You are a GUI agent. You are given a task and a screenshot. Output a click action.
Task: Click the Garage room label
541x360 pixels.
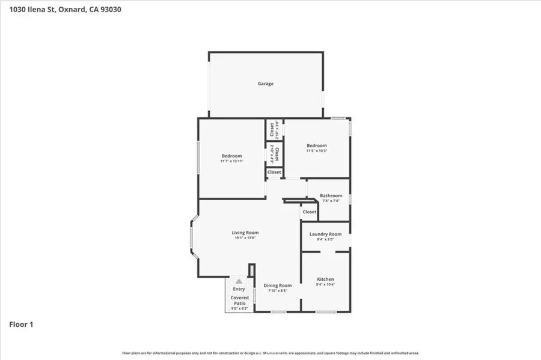pos(266,84)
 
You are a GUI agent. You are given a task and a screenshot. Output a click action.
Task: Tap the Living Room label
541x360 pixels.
pos(245,233)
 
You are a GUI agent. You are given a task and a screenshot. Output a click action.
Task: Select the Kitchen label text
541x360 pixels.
pos(325,279)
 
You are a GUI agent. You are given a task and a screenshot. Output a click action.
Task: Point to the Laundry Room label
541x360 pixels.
pos(325,234)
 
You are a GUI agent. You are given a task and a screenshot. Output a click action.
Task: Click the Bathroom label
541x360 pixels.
pos(331,195)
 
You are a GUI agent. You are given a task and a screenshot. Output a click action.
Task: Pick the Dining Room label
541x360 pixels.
pos(278,285)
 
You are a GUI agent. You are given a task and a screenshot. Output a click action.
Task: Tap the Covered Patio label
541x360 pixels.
pos(240,301)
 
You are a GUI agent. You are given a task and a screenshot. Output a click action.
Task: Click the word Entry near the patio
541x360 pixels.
pos(239,289)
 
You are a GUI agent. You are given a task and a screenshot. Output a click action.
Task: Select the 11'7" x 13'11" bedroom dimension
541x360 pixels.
pos(231,161)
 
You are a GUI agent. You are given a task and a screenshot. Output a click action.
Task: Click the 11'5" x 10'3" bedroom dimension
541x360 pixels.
pos(317,151)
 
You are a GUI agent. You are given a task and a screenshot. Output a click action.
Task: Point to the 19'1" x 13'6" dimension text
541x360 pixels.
pos(245,238)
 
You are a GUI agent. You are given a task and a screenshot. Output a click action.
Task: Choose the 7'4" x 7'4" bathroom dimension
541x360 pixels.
pos(331,201)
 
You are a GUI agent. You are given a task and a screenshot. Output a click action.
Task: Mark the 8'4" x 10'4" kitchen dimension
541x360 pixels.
pos(325,285)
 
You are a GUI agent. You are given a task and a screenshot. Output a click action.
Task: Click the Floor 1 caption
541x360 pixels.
pos(21,325)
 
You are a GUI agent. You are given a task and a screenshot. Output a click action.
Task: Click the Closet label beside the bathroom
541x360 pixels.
pos(310,212)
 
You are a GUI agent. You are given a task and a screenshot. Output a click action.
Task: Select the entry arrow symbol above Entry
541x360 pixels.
pos(239,281)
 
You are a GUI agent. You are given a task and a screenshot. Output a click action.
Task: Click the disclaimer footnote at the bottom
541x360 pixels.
pos(270,353)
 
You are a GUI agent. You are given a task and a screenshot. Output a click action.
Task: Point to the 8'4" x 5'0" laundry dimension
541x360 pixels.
pos(325,239)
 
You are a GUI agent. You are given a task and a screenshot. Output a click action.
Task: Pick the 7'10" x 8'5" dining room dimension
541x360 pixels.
pos(278,291)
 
